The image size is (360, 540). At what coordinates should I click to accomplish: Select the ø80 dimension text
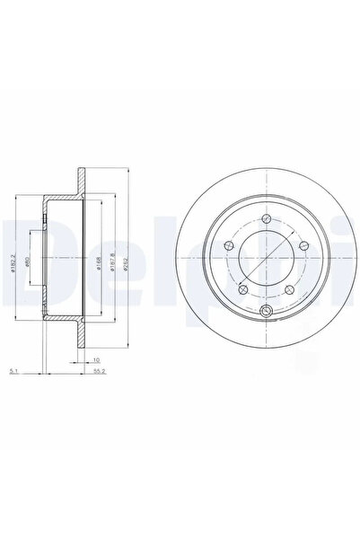[30, 268]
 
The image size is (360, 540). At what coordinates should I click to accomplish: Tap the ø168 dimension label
[95, 268]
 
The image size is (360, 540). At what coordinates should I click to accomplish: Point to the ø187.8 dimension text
[110, 268]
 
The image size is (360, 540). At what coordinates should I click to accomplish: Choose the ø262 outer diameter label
[128, 268]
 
